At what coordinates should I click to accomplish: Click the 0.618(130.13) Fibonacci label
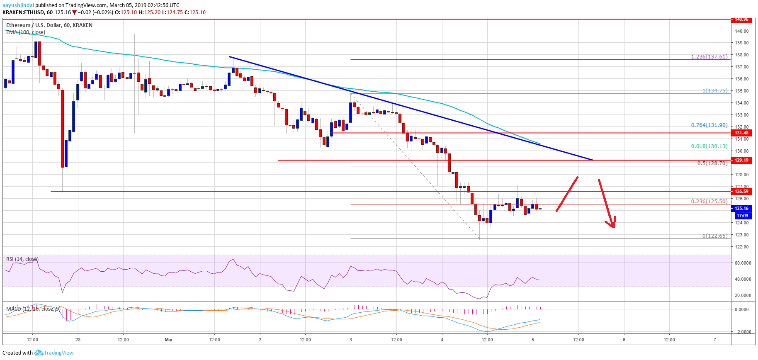tap(709, 146)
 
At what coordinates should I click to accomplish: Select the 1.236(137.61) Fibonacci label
tap(709, 57)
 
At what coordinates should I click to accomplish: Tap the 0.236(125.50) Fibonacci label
tap(709, 202)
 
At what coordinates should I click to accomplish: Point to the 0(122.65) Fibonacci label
tap(714, 236)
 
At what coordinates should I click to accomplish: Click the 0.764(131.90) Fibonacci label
tap(709, 125)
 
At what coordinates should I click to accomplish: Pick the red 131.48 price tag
tap(741, 133)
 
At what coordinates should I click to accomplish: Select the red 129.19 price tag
tap(741, 161)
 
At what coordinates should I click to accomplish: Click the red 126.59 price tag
tap(741, 191)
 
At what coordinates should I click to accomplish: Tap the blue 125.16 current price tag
tap(741, 209)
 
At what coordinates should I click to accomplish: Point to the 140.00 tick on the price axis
tap(741, 31)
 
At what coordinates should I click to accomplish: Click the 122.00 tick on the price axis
tap(741, 247)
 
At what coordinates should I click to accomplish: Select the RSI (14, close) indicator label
tap(22, 259)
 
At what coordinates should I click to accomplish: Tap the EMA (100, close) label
tap(25, 32)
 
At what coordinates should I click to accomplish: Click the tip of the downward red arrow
tap(613, 227)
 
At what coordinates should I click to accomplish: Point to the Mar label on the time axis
tap(168, 340)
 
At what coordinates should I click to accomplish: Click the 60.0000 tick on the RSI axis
tap(743, 263)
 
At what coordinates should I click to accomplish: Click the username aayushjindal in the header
tap(18, 5)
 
